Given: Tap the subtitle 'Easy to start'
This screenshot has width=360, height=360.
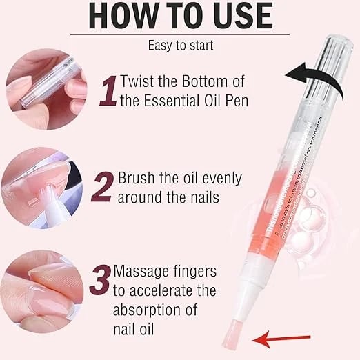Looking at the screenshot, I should (179, 46).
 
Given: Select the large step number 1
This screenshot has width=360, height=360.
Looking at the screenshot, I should (107, 92).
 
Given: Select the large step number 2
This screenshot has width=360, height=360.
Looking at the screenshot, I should (101, 187).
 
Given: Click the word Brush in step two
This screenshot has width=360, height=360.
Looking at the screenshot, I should (137, 178).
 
